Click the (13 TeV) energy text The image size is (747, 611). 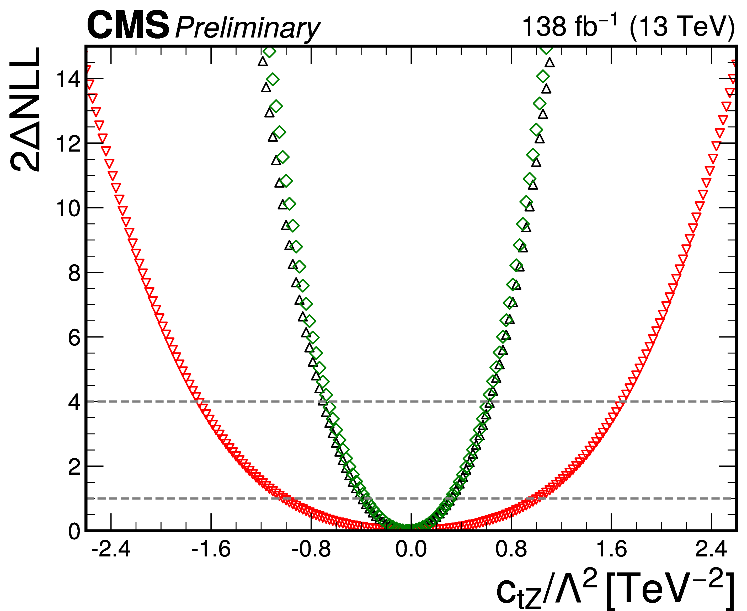(x=682, y=27)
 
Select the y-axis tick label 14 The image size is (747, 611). (x=69, y=79)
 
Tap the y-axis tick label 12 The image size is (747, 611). (x=69, y=144)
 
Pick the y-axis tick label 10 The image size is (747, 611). (x=69, y=208)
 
